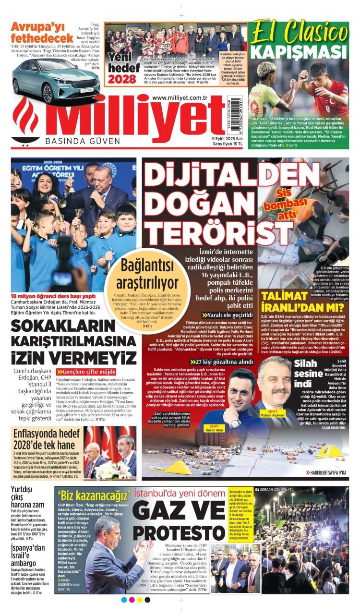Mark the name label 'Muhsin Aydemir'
tap(274, 413)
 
